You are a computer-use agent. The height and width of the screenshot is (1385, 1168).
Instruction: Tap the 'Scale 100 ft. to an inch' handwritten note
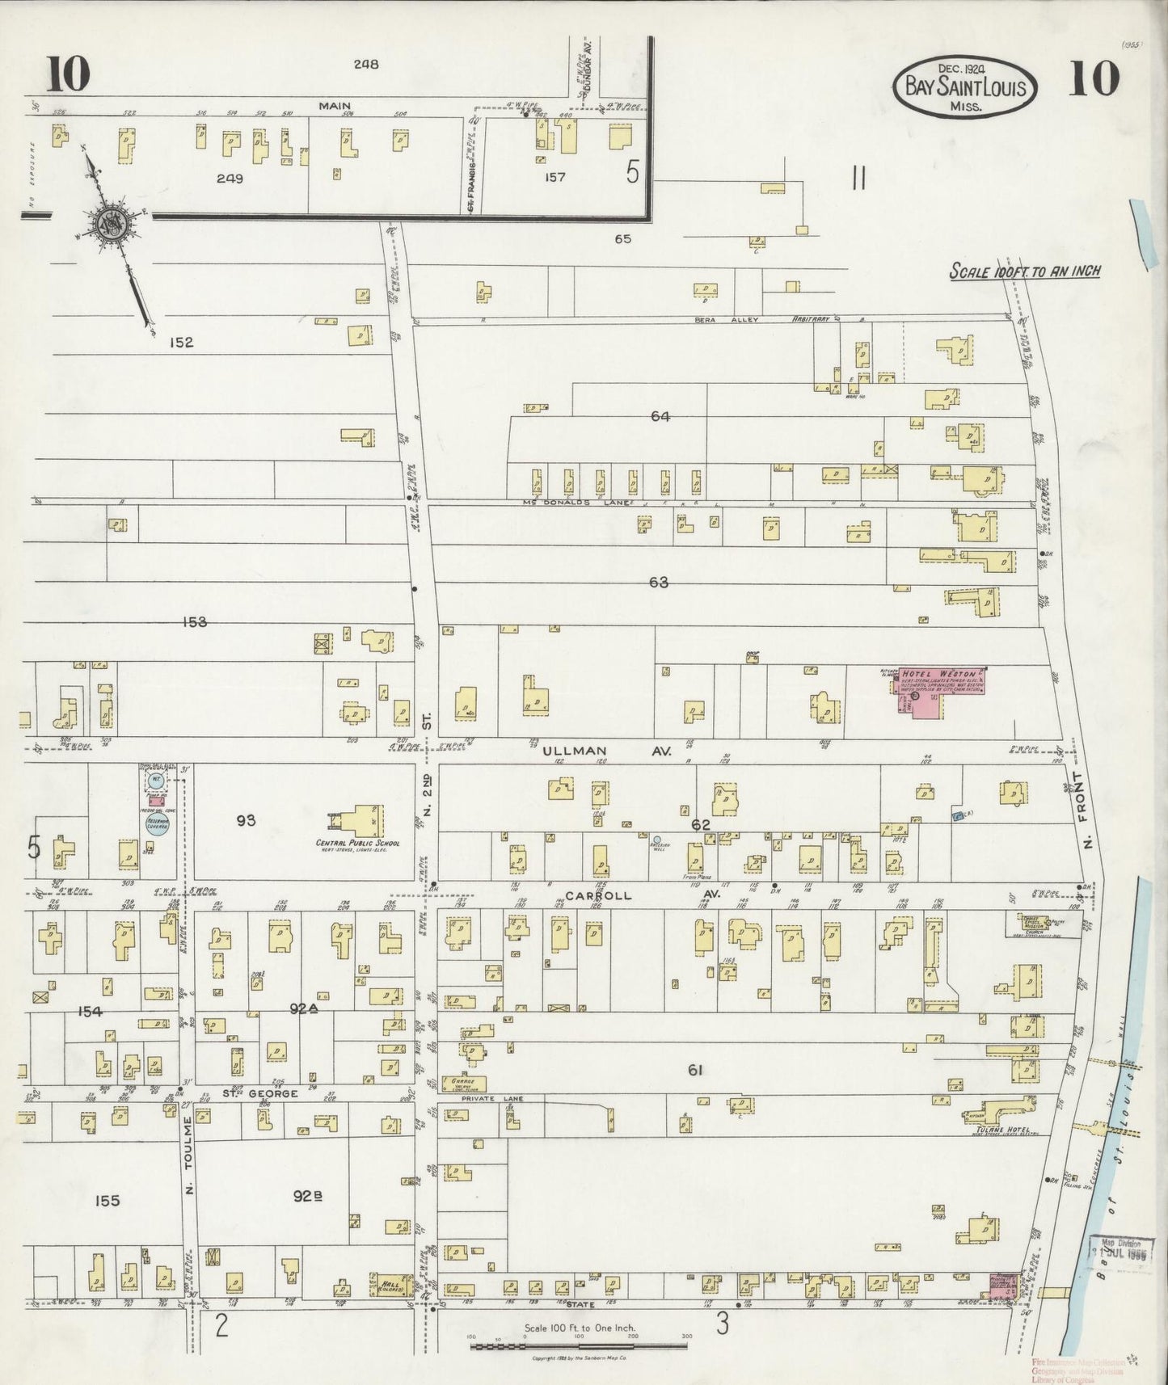[1024, 272]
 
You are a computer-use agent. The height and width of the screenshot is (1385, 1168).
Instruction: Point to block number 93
[247, 820]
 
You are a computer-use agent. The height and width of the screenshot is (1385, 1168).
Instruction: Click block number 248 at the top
[365, 64]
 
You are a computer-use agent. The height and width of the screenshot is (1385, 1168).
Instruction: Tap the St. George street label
[251, 1093]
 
